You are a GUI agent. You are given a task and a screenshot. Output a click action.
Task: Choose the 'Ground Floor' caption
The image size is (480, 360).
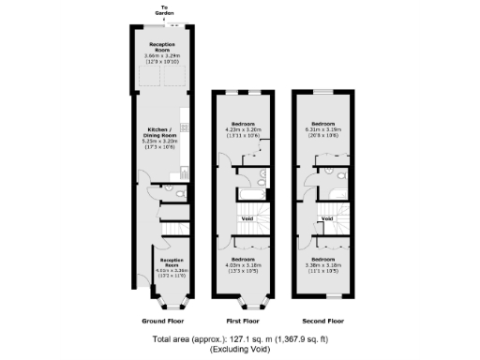[x=162, y=320]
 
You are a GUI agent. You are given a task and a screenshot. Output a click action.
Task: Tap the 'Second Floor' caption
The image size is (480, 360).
[x=324, y=320]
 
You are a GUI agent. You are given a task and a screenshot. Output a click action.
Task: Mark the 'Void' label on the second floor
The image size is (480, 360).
[x=327, y=218]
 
